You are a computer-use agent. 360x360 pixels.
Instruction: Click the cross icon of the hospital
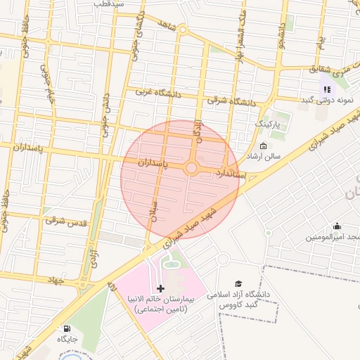pyautogui.click(x=161, y=288)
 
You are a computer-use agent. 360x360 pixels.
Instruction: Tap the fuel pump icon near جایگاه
pyautogui.click(x=67, y=328)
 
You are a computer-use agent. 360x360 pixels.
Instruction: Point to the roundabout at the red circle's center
pyautogui.click(x=191, y=169)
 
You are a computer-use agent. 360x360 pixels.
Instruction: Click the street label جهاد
pyautogui.click(x=53, y=281)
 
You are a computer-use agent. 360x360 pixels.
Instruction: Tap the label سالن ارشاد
pyautogui.click(x=263, y=156)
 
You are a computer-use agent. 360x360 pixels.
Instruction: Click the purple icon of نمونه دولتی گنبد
pyautogui.click(x=326, y=89)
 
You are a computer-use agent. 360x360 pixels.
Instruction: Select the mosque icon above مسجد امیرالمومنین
pyautogui.click(x=337, y=226)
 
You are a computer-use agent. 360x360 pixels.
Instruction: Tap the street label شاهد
pyautogui.click(x=166, y=26)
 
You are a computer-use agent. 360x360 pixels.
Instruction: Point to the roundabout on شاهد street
pyautogui.click(x=182, y=30)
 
